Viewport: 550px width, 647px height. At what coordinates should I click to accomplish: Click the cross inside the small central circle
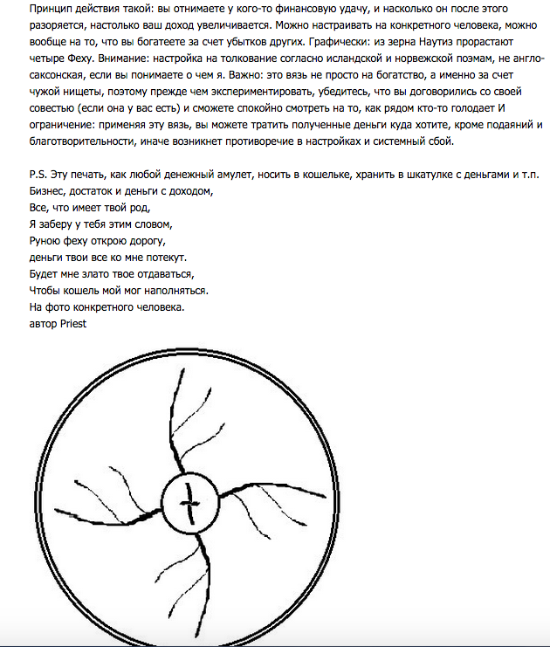pyautogui.click(x=189, y=502)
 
